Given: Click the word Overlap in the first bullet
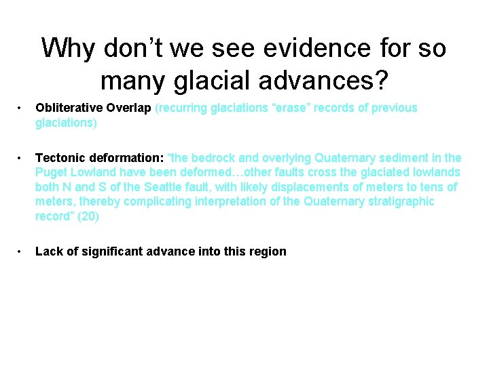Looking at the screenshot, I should click(129, 108).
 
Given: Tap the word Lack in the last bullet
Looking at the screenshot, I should click(48, 251).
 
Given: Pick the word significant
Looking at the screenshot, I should click(109, 251).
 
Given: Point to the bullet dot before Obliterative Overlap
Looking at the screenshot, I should click(21, 108).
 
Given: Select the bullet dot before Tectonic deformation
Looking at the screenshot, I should click(21, 158).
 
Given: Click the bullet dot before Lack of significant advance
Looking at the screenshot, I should click(21, 251).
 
